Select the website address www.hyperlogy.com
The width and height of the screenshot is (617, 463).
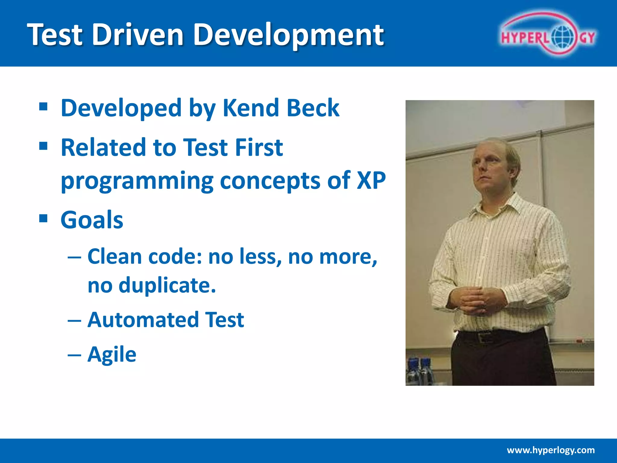[x=551, y=450]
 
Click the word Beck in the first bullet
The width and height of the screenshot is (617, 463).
[x=313, y=108]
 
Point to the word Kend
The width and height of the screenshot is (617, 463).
[x=250, y=108]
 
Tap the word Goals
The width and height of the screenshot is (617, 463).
[x=92, y=220]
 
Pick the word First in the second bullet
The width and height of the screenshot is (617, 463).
[x=259, y=147]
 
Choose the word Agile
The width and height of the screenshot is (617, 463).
[x=112, y=354]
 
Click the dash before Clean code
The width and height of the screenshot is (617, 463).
[x=74, y=258]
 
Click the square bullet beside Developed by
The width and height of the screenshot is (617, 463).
[x=43, y=107]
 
